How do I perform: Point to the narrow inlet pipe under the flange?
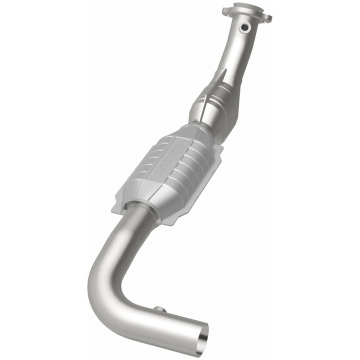pos(232,50)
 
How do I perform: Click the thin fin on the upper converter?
pos(218,80)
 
